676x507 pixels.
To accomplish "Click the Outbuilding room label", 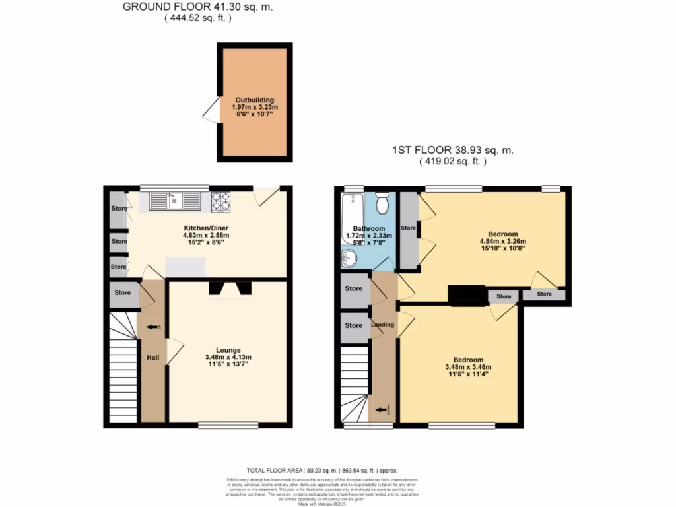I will pos(255,100).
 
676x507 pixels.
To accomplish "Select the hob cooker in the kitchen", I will pos(220,201).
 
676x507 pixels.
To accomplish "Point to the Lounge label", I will pos(228,350).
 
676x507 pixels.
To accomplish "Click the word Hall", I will pos(152,357).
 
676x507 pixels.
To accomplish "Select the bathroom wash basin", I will pos(349,258).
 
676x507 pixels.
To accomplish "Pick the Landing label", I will pos(383,325).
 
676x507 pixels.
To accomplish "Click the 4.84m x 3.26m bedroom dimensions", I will pos(503,242).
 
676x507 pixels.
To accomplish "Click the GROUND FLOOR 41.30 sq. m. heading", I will pos(197,7).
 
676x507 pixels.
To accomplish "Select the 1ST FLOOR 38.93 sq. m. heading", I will pos(452,151).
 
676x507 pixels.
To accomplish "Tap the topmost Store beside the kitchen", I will pos(119,209).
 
